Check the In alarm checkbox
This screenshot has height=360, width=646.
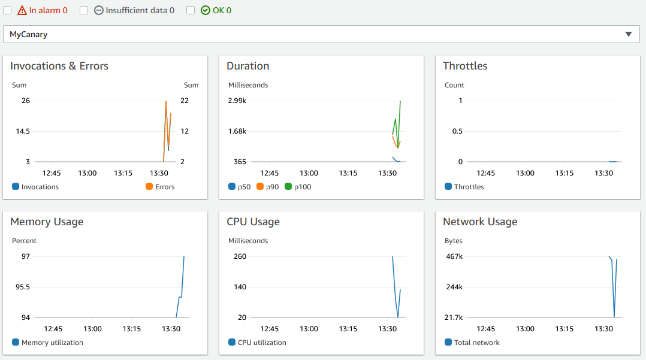click(x=7, y=10)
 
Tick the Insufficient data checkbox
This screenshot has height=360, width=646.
click(x=84, y=10)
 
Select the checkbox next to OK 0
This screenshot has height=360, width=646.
click(x=191, y=10)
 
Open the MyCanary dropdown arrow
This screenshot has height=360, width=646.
click(x=629, y=34)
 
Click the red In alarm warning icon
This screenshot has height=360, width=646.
click(x=22, y=10)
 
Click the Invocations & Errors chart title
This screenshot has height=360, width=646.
click(x=59, y=66)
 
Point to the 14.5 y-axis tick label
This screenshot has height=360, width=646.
click(x=22, y=131)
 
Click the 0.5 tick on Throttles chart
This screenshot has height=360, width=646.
click(x=457, y=131)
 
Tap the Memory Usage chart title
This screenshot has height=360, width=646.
click(x=47, y=222)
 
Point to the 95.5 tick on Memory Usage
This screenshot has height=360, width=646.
click(x=22, y=287)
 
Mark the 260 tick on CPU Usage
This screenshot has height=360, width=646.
click(x=240, y=256)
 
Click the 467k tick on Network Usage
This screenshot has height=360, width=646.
click(x=455, y=256)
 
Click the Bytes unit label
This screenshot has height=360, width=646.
click(x=454, y=241)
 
